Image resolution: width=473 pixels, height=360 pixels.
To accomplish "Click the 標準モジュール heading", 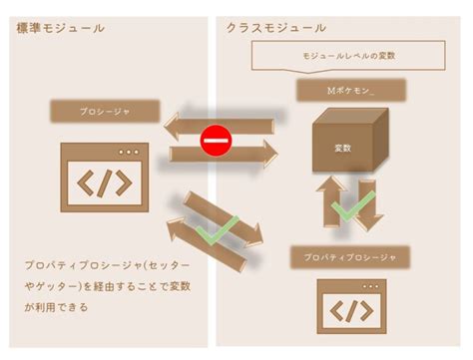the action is pos(61,28).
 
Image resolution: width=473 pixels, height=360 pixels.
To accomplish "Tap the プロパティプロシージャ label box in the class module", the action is pos(350,258).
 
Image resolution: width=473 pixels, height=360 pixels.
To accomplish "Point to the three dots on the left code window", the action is pos(130,151).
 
